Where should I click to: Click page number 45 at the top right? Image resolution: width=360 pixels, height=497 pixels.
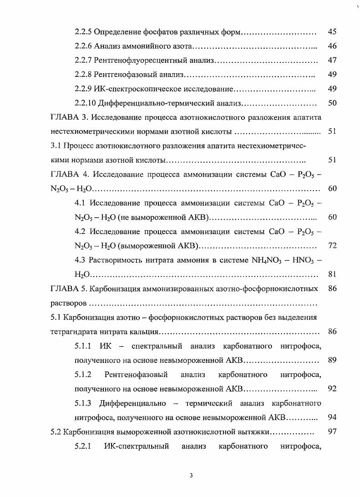[332, 32]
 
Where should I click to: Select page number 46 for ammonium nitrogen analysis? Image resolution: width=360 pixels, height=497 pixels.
[332, 46]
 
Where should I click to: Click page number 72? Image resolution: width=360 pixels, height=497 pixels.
[332, 246]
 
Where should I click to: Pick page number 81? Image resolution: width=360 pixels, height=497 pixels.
[332, 274]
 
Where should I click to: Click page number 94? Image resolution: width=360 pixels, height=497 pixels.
[332, 417]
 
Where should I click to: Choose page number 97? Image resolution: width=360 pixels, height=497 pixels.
[332, 432]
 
